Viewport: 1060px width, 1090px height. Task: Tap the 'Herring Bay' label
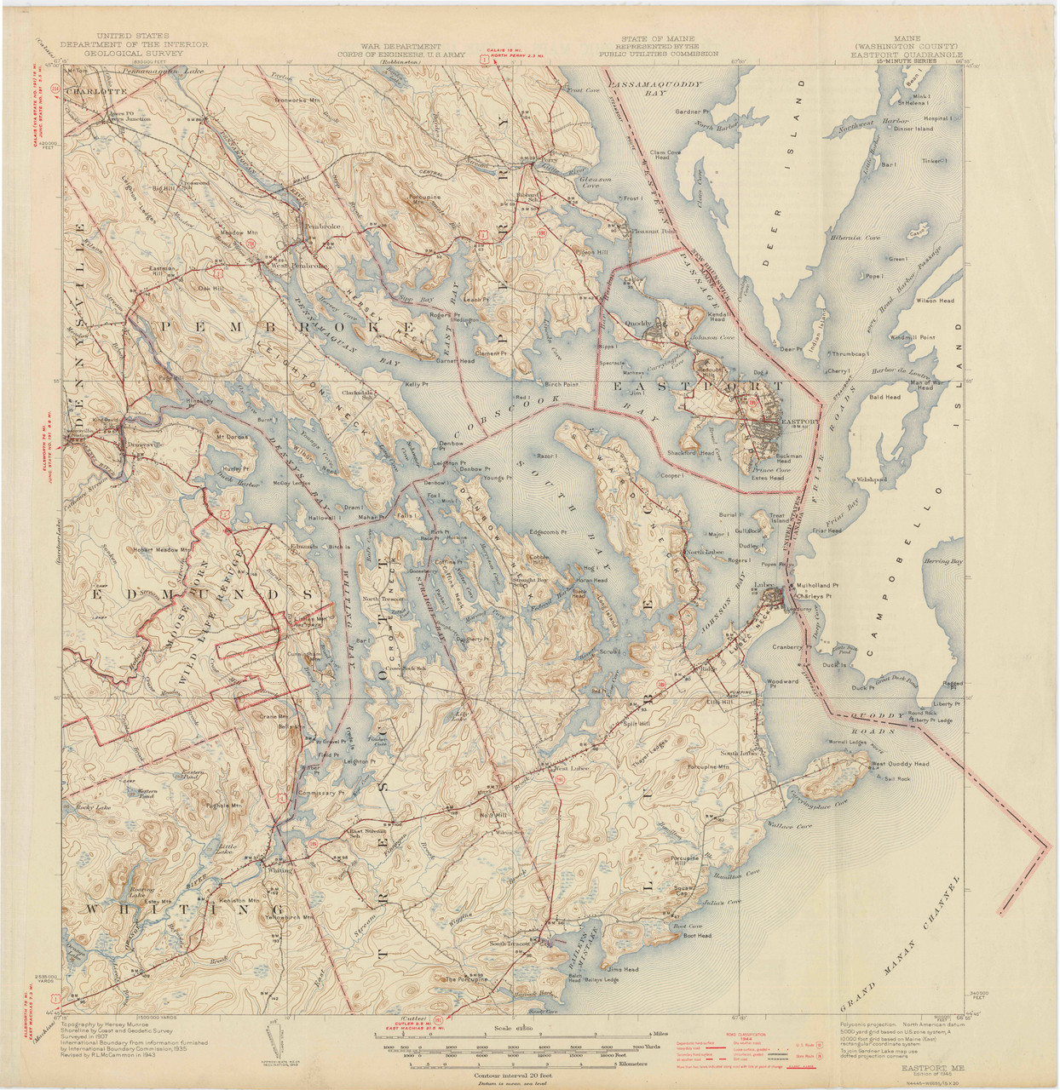pyautogui.click(x=942, y=561)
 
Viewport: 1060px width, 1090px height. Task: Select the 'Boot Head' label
pyautogui.click(x=696, y=936)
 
